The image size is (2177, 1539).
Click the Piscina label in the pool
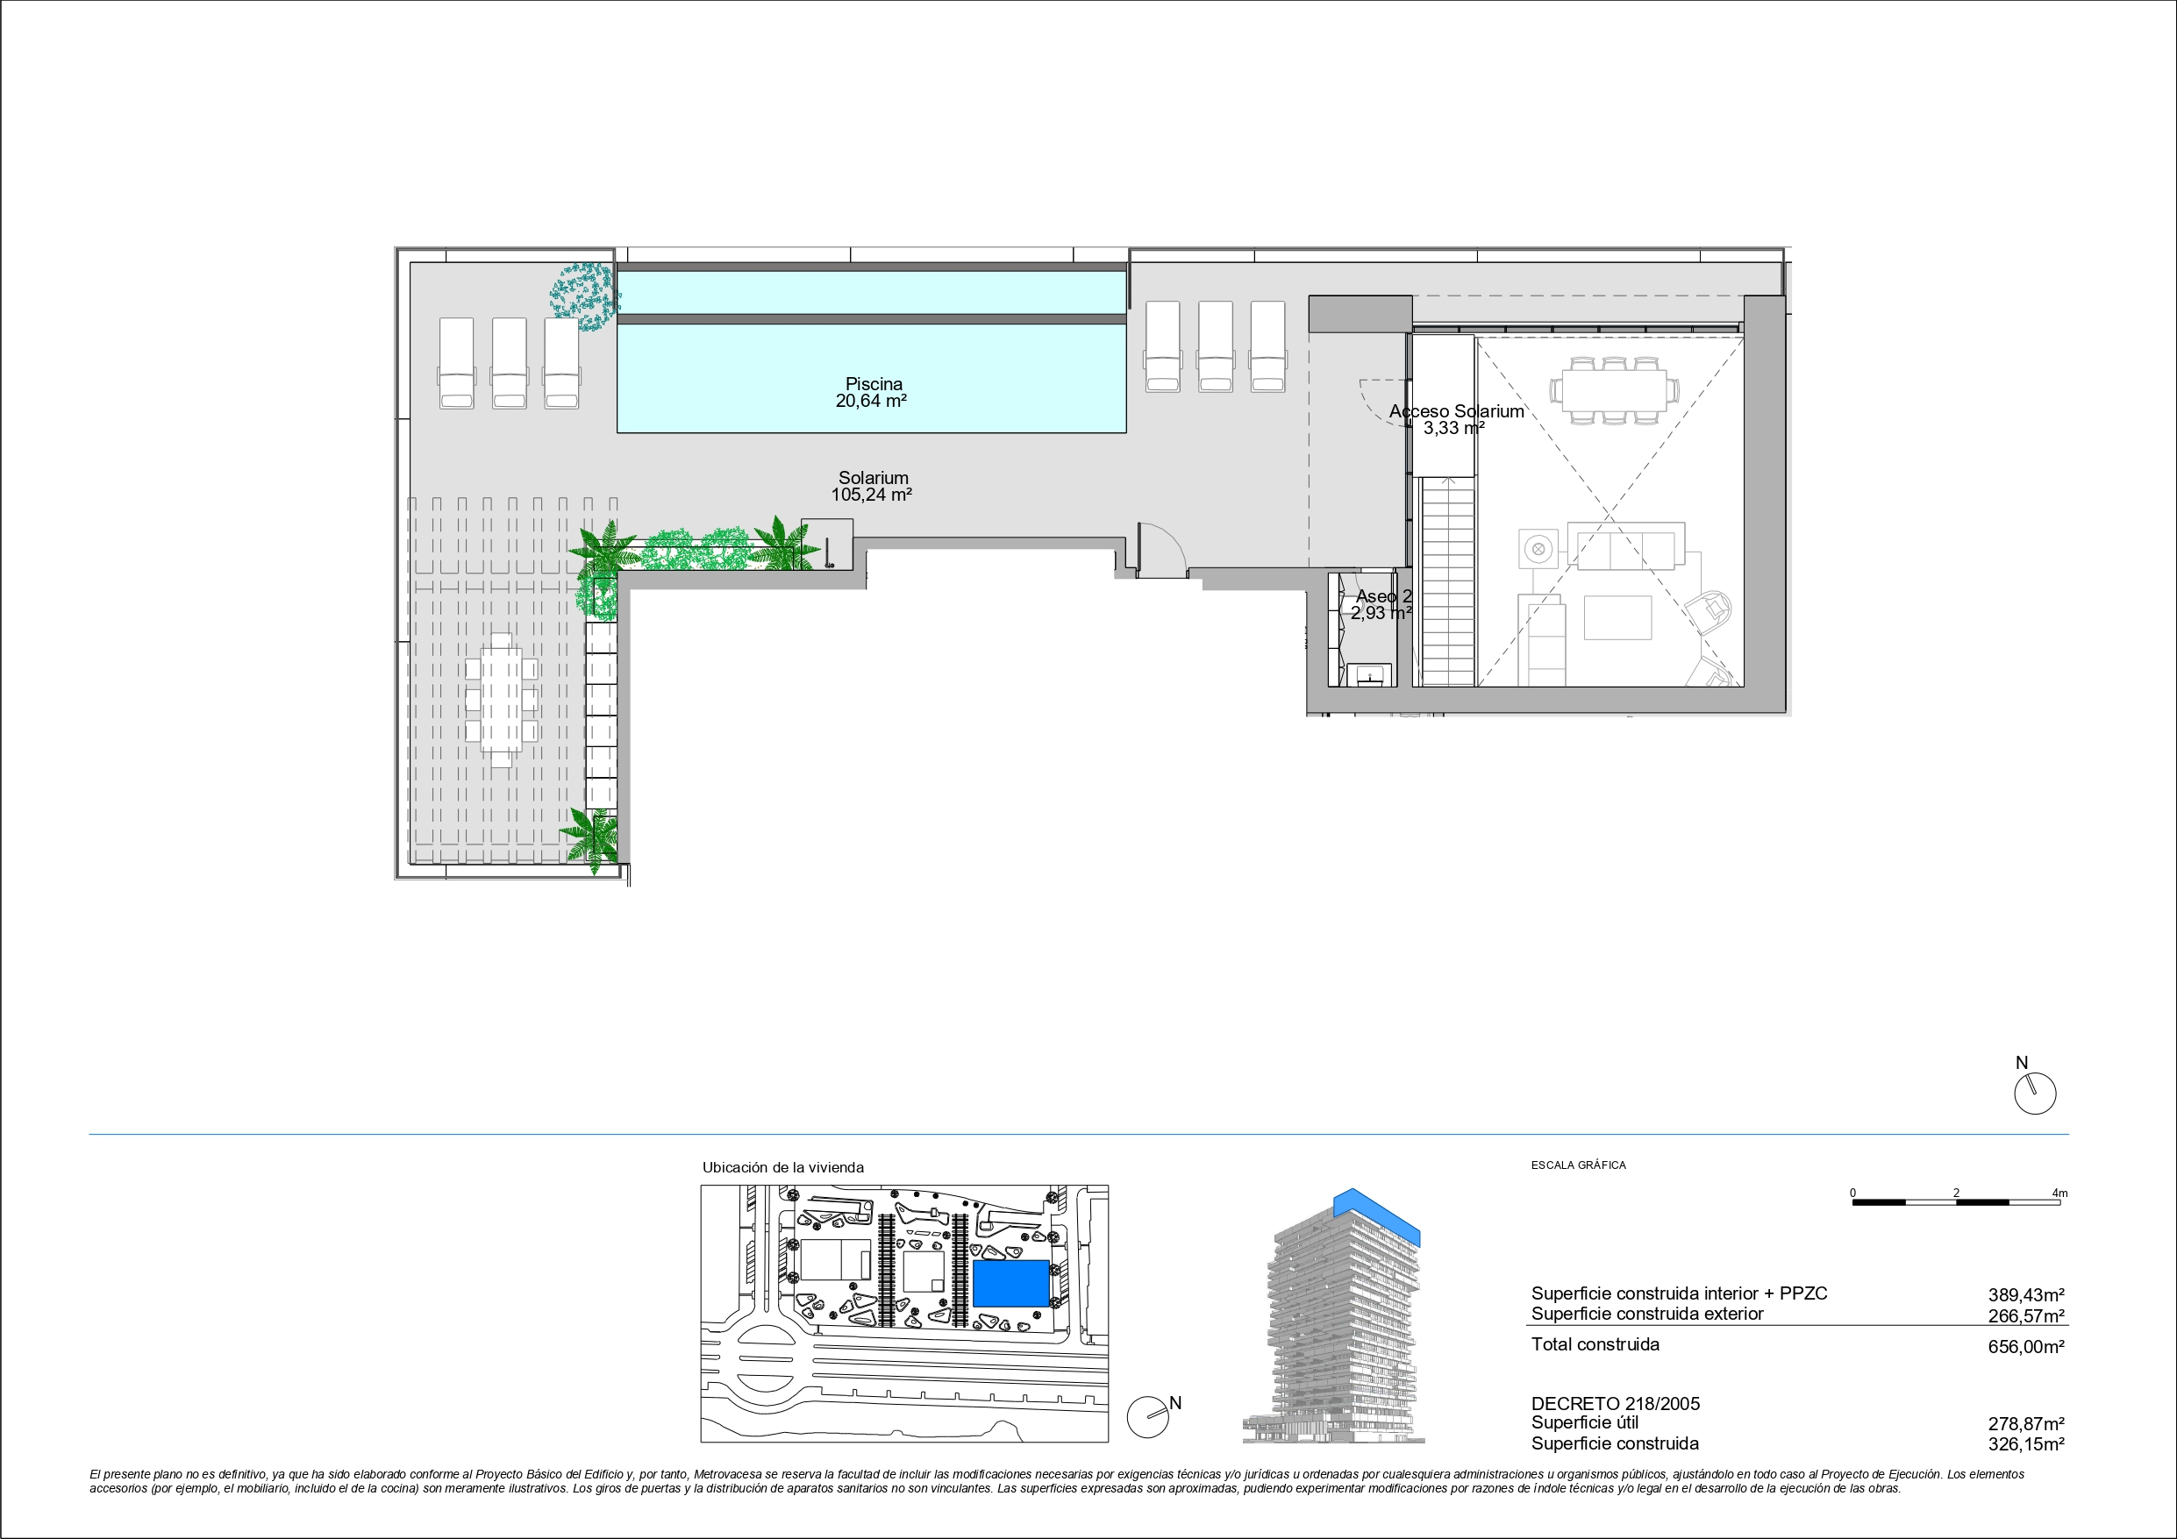click(x=874, y=384)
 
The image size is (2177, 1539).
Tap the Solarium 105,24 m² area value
click(x=871, y=495)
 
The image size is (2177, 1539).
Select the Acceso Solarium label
click(x=1456, y=411)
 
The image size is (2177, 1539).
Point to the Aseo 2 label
click(x=1384, y=596)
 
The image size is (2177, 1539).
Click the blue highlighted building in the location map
click(x=1010, y=1283)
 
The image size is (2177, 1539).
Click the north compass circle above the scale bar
click(x=2035, y=1094)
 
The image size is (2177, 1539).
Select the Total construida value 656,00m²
click(x=2026, y=1346)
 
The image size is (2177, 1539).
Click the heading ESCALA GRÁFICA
click(x=1578, y=1165)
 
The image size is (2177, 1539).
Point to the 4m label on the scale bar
click(x=2059, y=1193)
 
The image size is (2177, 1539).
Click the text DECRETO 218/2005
click(x=1616, y=1403)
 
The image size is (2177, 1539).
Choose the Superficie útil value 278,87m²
click(x=2026, y=1424)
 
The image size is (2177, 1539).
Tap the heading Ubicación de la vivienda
click(x=783, y=1168)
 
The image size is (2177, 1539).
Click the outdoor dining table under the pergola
click(x=501, y=700)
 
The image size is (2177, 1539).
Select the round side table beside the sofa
click(x=1538, y=548)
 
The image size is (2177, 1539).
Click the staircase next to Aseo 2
click(x=1447, y=581)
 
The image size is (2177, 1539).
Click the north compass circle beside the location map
click(x=1147, y=1418)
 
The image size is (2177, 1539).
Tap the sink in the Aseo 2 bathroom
click(x=1370, y=674)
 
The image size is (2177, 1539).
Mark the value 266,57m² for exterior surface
click(x=2026, y=1316)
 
